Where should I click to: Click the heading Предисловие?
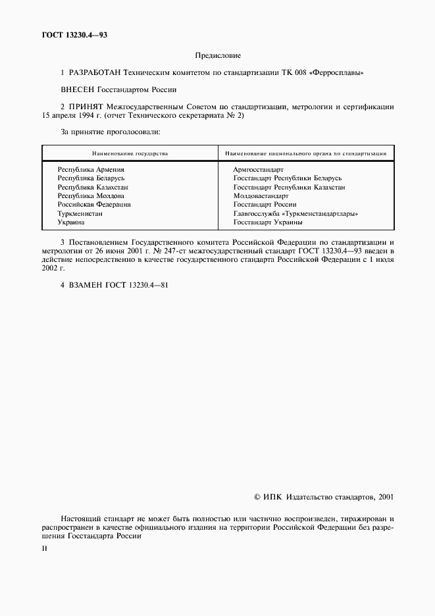pos(218,56)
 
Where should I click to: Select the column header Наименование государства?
pos(130,153)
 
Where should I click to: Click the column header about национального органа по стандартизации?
pos(305,153)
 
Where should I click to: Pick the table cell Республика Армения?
pos(91,170)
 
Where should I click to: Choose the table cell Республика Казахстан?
pos(93,187)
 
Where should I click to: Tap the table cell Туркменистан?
pos(82,213)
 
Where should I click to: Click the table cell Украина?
pos(71,222)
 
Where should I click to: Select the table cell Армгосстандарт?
pos(258,170)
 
